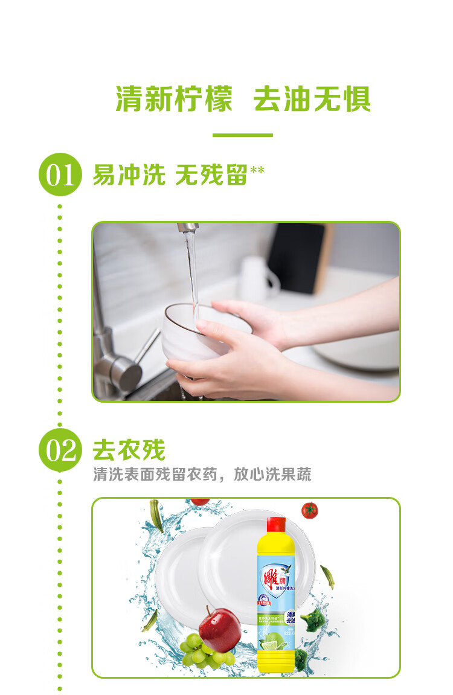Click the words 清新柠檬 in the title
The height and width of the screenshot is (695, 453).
click(x=174, y=99)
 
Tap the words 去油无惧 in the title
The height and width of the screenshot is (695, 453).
click(x=312, y=99)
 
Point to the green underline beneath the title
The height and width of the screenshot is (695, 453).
click(x=242, y=135)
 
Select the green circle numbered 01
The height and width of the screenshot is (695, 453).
click(x=60, y=176)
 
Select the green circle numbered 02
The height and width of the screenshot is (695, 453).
click(x=60, y=450)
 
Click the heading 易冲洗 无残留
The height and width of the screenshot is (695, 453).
click(x=170, y=175)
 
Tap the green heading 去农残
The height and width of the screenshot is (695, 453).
click(x=129, y=450)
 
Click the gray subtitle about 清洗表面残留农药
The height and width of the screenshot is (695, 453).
click(x=202, y=475)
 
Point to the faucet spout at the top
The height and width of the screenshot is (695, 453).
click(x=188, y=228)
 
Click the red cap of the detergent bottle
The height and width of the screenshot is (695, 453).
click(x=276, y=524)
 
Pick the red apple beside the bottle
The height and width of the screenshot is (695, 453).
click(x=220, y=629)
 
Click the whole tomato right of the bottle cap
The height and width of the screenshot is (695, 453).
click(x=309, y=511)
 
